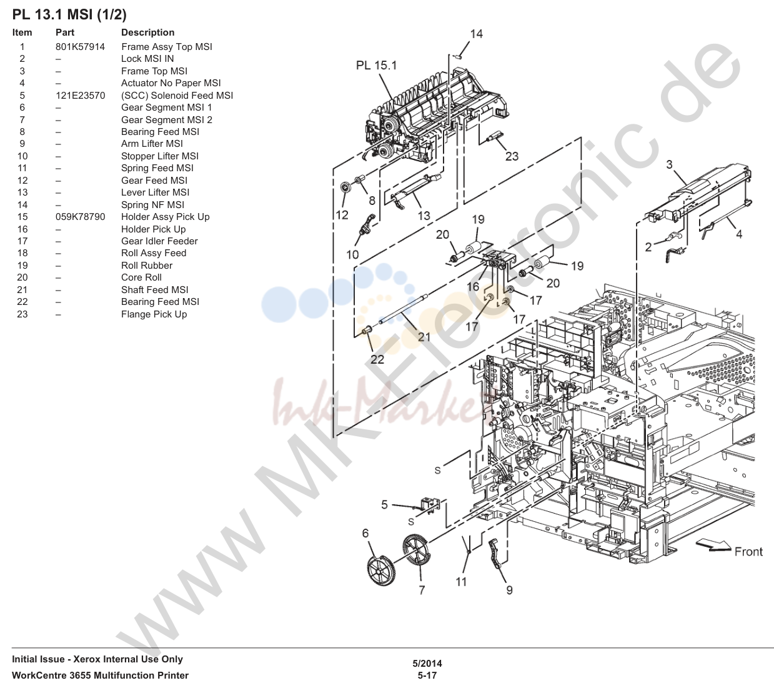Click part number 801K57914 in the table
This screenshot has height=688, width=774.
coord(80,47)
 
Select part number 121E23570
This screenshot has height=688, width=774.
coord(80,96)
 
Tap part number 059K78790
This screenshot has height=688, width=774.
coord(80,217)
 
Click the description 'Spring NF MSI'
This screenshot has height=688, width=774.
coord(152,205)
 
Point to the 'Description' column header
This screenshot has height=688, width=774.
coord(147,32)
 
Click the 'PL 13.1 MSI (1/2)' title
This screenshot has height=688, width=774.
coord(69,14)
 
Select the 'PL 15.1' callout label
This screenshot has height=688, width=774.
coord(376,66)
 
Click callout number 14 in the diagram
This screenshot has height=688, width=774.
coord(476,34)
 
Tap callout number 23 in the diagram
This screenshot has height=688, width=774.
coord(512,156)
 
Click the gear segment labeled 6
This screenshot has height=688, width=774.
coord(381,571)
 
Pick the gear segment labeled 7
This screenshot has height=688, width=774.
coord(416,550)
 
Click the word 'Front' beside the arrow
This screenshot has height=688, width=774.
coord(748,552)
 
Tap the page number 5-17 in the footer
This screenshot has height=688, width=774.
coord(427,676)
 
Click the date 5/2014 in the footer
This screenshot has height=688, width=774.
coord(427,663)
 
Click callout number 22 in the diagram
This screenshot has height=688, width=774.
coord(377,359)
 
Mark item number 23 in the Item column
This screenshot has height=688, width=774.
coord(22,314)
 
